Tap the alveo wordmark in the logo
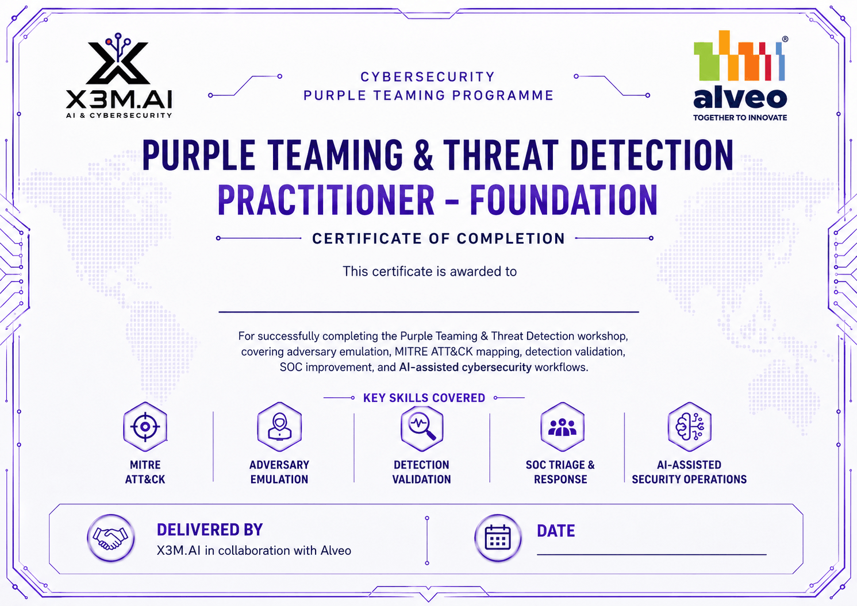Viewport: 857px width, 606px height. pos(740,98)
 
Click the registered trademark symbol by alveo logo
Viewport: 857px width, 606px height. pos(785,39)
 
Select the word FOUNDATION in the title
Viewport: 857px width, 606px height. pos(563,200)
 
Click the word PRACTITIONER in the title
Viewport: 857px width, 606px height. pos(326,200)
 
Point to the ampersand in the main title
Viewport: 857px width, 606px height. pos(423,155)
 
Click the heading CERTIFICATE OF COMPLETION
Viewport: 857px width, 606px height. pos(439,238)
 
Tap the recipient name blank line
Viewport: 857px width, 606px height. pos(429,312)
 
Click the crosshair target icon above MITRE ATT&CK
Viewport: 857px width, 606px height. pos(145,427)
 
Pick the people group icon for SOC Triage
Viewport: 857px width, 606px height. pos(562,427)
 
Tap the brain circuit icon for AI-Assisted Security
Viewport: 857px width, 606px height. pos(689,427)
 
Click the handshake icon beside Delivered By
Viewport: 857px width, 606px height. pos(110,538)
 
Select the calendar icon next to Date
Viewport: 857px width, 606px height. pos(498,538)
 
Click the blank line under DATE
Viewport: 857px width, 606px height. pos(652,554)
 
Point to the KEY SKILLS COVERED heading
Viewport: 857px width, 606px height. pos(424,398)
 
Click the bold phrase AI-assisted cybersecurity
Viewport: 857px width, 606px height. pos(465,368)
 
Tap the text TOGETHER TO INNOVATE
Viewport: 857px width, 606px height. pos(740,118)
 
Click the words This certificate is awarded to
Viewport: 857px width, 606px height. pos(429,272)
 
